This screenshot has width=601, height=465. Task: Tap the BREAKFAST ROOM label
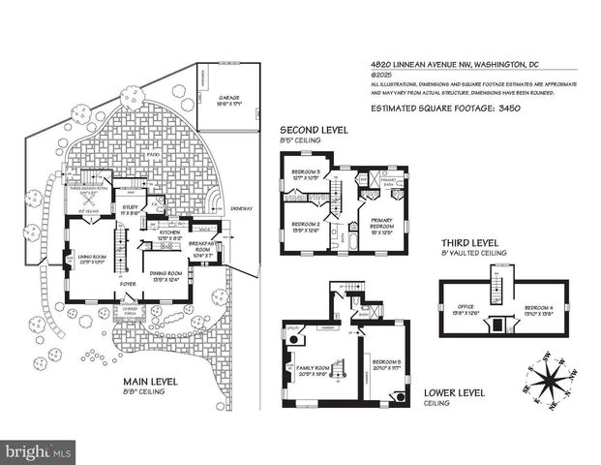click(204, 247)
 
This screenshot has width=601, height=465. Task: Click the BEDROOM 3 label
click(307, 174)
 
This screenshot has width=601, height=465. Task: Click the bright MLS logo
click(39, 451)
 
